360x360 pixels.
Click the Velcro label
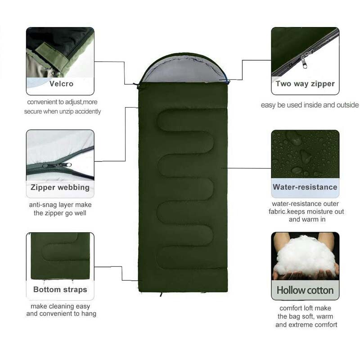(x=62, y=83)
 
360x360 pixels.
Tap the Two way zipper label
(x=305, y=84)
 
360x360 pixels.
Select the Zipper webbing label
(x=60, y=187)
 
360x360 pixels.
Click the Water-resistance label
(x=305, y=187)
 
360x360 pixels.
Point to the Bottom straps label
(x=60, y=289)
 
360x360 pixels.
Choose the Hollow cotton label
(x=305, y=290)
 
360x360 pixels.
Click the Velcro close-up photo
(x=60, y=52)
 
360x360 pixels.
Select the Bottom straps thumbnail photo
(x=60, y=256)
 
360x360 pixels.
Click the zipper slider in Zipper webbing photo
(x=58, y=165)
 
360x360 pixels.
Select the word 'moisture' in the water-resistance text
(x=318, y=211)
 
